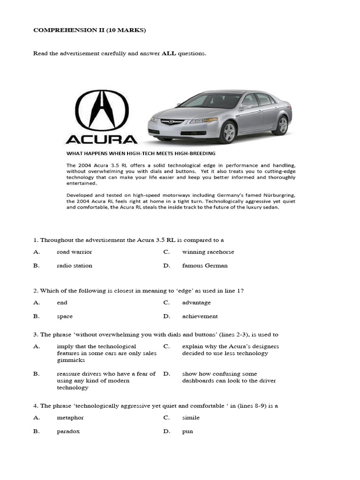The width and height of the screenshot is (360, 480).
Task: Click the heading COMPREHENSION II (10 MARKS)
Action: (90, 30)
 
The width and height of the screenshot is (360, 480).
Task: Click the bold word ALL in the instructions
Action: (169, 53)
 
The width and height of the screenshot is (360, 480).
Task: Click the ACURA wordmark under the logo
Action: (101, 139)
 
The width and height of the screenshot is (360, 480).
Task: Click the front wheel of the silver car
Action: (229, 133)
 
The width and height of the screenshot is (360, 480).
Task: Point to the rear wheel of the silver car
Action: (282, 125)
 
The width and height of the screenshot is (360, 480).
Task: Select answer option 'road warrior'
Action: (74, 252)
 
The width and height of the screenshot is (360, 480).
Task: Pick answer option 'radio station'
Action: (74, 265)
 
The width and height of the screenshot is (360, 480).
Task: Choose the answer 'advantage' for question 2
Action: (196, 303)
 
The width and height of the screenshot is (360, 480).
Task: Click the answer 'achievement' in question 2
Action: (200, 316)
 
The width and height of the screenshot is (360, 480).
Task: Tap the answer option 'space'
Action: (65, 316)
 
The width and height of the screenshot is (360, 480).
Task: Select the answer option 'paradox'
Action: (68, 431)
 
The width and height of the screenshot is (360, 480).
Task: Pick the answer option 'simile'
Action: (191, 417)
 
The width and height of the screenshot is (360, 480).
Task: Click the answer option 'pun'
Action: (187, 431)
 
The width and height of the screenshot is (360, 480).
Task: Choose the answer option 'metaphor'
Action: (70, 417)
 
